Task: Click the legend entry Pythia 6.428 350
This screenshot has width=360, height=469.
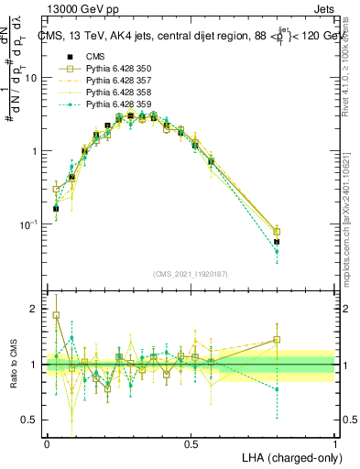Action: tap(115, 69)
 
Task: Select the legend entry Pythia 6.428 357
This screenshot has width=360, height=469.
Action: tap(115, 81)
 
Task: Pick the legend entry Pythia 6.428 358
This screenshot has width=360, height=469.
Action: tap(115, 93)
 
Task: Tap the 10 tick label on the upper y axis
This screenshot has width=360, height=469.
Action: tap(31, 78)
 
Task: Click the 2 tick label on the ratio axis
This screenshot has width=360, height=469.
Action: tap(35, 309)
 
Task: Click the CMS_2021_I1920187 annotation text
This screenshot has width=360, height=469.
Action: tap(190, 275)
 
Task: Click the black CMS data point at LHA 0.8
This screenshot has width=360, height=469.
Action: tap(277, 242)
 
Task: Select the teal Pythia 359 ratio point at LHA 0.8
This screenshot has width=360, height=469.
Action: tap(277, 389)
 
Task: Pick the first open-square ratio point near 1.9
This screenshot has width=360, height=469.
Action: tap(56, 315)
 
